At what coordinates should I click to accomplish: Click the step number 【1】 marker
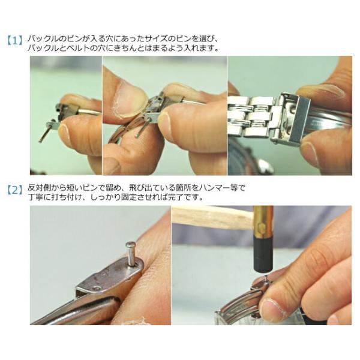click(x=14, y=40)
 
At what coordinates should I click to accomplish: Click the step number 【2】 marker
click(x=14, y=190)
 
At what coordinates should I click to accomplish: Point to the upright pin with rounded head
click(x=131, y=253)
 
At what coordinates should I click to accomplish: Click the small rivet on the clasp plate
click(x=97, y=288)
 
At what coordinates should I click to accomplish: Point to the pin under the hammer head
click(x=266, y=278)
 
